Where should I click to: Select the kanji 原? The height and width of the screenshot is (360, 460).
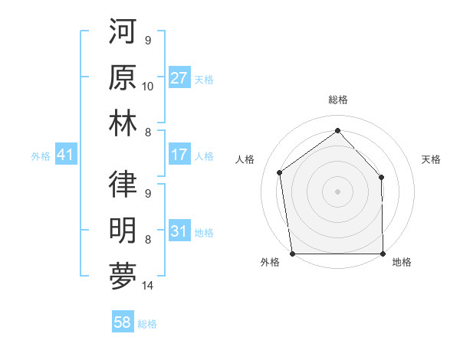[x=123, y=78]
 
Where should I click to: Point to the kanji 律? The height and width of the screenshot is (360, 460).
[x=123, y=184]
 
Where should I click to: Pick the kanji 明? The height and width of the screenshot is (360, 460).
[x=123, y=229]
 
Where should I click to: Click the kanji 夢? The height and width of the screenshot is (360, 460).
[x=123, y=275]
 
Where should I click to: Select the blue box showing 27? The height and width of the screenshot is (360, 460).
[x=179, y=78]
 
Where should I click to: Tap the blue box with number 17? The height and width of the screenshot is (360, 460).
[x=179, y=155]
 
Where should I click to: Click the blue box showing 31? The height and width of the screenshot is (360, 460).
[x=179, y=231]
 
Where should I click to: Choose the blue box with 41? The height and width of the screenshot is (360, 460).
[x=65, y=155]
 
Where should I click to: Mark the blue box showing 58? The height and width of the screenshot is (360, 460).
[x=122, y=323]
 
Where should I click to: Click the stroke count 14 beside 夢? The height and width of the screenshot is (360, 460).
[x=148, y=286]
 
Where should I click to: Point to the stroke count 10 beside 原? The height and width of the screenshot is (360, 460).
[x=148, y=86]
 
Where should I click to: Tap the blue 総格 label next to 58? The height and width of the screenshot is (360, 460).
[x=147, y=324]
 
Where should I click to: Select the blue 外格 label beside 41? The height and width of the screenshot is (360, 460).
[x=41, y=156]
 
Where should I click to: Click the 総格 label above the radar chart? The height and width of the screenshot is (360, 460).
[x=337, y=100]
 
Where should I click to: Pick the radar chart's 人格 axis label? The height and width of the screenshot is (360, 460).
[x=245, y=159]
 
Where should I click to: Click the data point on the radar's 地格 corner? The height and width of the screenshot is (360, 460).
[x=383, y=253]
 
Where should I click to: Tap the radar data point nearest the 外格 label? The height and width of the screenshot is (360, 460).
[x=292, y=253]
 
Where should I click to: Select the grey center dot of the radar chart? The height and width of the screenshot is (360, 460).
[x=337, y=191]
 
